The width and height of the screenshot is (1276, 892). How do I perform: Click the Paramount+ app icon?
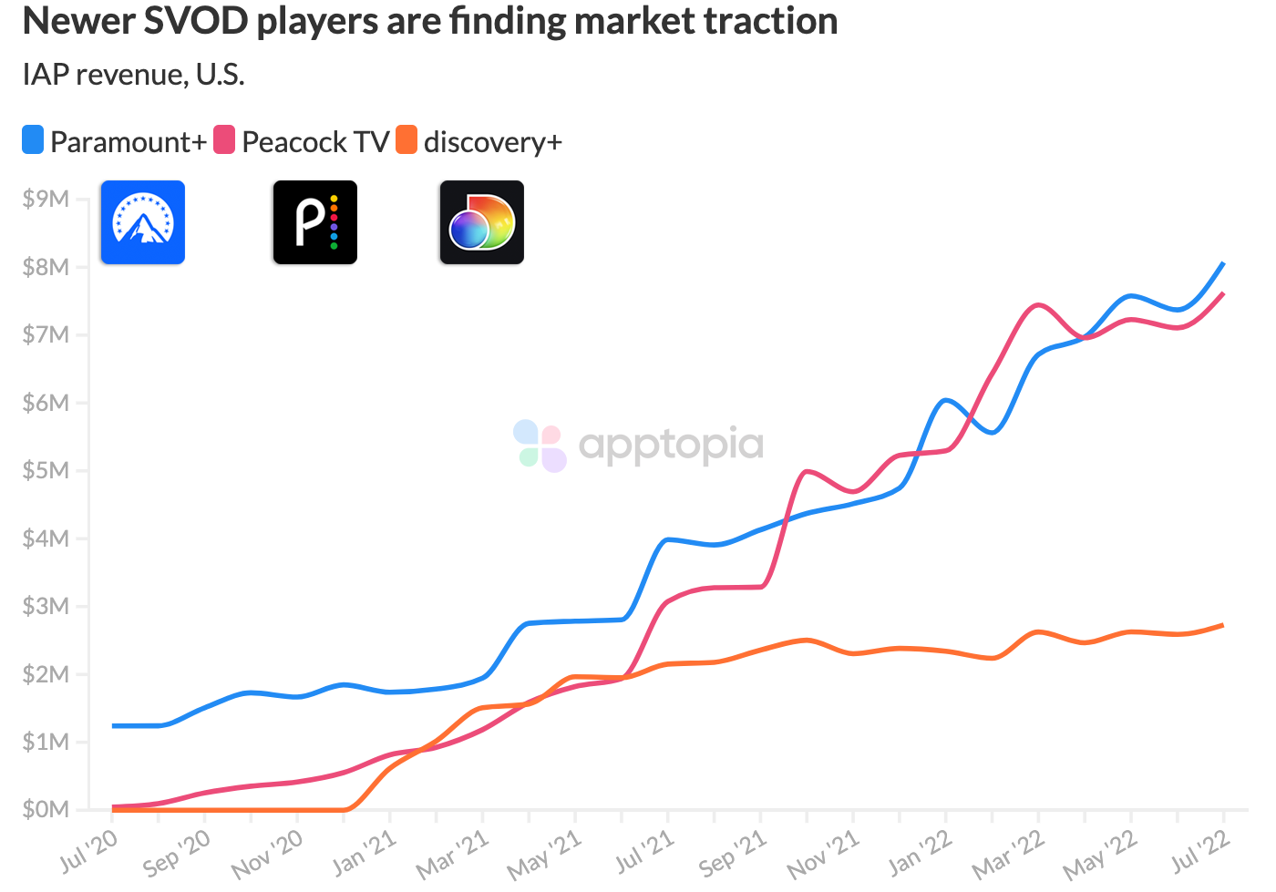click(x=143, y=222)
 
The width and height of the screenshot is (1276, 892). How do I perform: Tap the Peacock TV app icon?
click(x=315, y=222)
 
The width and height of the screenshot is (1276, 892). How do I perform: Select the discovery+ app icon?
click(x=482, y=222)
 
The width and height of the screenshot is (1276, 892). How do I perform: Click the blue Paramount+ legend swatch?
click(x=33, y=140)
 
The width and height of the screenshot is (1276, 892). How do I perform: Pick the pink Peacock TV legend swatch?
click(x=224, y=140)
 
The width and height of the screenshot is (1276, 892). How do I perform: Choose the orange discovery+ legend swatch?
click(x=406, y=140)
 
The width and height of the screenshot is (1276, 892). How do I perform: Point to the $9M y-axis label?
click(x=46, y=199)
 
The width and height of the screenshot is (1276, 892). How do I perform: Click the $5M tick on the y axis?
click(x=46, y=470)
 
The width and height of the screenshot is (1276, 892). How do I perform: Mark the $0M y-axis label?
click(x=46, y=809)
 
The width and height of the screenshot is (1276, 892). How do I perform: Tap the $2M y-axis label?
click(x=46, y=674)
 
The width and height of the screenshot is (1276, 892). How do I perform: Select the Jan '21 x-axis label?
click(x=365, y=853)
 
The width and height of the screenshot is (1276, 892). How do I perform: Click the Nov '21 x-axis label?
click(x=824, y=855)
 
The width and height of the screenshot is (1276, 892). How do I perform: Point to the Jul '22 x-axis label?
click(x=1199, y=853)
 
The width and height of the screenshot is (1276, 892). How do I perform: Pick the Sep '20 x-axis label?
click(x=177, y=853)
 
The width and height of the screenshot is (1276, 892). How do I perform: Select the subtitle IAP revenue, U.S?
click(x=134, y=74)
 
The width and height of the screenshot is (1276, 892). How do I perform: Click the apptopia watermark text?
click(x=671, y=445)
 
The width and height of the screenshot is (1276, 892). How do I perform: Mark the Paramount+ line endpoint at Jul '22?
click(x=1222, y=263)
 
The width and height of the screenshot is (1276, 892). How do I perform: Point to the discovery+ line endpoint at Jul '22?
click(x=1222, y=625)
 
